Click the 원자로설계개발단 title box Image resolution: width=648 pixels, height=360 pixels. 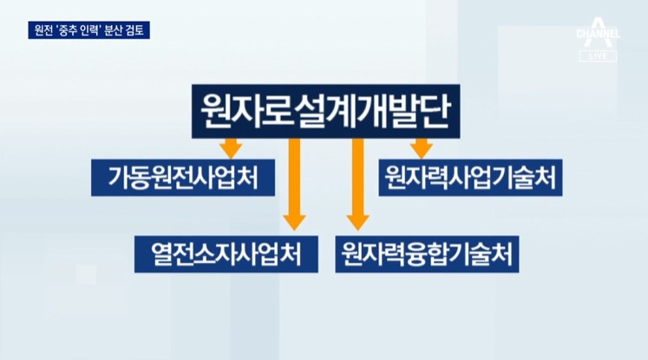click(x=325, y=111)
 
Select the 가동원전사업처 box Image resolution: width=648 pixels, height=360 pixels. click(x=183, y=177)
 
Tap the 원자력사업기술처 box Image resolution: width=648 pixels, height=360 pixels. click(x=470, y=177)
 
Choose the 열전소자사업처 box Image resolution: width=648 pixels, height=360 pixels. click(x=226, y=254)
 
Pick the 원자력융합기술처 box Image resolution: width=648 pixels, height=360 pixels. click(x=427, y=254)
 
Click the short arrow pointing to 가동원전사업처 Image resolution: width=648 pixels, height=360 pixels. click(x=231, y=148)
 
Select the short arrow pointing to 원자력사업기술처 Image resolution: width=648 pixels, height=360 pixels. click(x=421, y=148)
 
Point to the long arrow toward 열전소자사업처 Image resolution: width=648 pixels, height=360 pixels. click(x=294, y=185)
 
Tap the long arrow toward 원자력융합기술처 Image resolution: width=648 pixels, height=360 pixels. click(x=358, y=185)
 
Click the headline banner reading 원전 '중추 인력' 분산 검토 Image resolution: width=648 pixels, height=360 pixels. click(x=88, y=30)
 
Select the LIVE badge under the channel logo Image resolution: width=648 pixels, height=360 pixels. click(x=598, y=56)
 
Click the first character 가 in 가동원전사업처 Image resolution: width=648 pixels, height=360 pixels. click(x=119, y=178)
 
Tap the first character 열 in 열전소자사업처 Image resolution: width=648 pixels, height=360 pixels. click(x=161, y=254)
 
